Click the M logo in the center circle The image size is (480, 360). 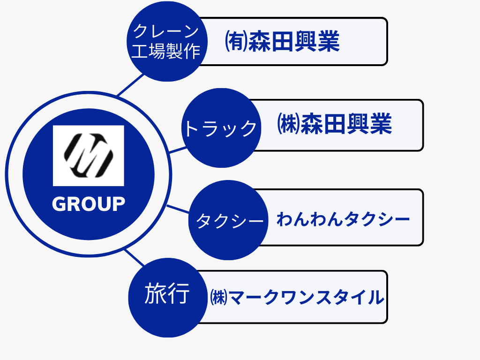pyautogui.click(x=88, y=155)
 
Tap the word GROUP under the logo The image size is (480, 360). pyautogui.click(x=88, y=204)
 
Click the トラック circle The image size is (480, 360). pyautogui.click(x=220, y=128)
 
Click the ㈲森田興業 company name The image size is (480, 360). pyautogui.click(x=282, y=42)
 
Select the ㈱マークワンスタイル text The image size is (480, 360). pyautogui.click(x=297, y=297)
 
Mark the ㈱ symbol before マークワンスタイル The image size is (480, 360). pyautogui.click(x=219, y=298)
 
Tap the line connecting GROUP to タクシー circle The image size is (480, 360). pyautogui.click(x=178, y=209)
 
